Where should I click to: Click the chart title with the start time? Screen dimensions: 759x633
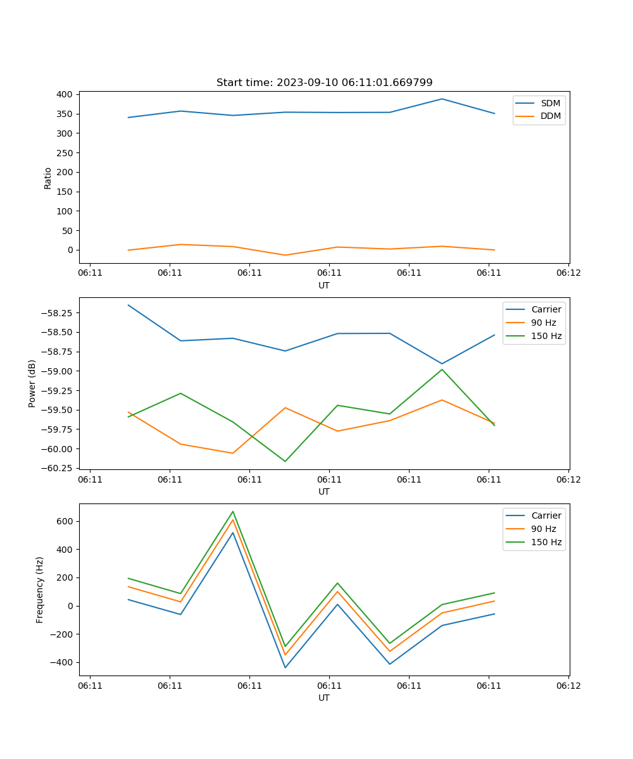pyautogui.click(x=324, y=83)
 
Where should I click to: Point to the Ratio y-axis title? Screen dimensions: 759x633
pyautogui.click(x=48, y=178)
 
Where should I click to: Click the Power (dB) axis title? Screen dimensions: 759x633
pyautogui.click(x=32, y=383)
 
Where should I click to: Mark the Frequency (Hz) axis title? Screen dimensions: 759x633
pyautogui.click(x=40, y=589)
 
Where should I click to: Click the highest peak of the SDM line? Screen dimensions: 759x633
pyautogui.click(x=442, y=99)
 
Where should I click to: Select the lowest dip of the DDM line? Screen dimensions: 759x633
pyautogui.click(x=285, y=256)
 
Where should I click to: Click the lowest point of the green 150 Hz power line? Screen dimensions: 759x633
pyautogui.click(x=285, y=461)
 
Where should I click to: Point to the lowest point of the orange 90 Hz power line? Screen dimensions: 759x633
pyautogui.click(x=233, y=453)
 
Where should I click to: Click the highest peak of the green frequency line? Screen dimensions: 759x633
pyautogui.click(x=233, y=511)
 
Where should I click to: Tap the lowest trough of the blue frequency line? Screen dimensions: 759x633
pyautogui.click(x=285, y=667)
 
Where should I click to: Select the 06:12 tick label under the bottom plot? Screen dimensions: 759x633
pyautogui.click(x=568, y=686)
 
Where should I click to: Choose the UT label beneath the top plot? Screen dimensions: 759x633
pyautogui.click(x=324, y=285)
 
